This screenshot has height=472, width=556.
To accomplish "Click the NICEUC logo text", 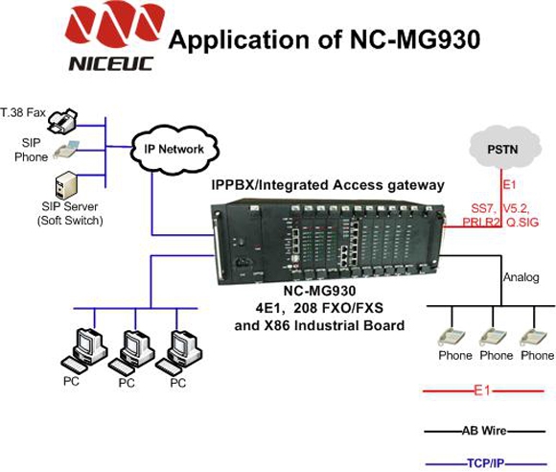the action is [111, 64].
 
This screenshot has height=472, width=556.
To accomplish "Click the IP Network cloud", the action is [174, 150].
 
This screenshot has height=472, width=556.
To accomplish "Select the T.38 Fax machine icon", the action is [62, 121].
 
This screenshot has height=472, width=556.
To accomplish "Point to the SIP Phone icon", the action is [66, 150].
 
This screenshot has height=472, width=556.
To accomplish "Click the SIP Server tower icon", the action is [65, 185].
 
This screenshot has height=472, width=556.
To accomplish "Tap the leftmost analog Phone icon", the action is [452, 337].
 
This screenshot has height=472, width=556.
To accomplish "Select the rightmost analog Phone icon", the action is [533, 337].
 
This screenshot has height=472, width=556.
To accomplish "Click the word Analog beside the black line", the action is [521, 277].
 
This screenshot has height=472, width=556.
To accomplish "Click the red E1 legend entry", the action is [483, 391].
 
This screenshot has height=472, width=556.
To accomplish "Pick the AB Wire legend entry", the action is [484, 431].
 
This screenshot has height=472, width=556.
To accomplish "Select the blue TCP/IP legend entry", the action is [486, 463].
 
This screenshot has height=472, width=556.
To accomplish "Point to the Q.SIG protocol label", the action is [522, 223].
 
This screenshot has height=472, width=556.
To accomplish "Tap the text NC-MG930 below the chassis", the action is [319, 291].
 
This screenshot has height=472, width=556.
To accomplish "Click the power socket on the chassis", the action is [243, 262].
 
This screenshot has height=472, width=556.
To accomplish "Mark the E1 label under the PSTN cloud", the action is [509, 184].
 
